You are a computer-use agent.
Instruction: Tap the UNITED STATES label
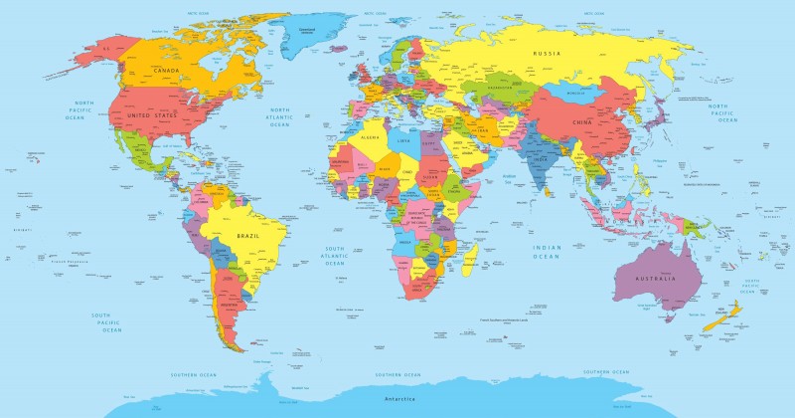tap(152, 116)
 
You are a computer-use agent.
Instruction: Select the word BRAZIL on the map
tap(247, 235)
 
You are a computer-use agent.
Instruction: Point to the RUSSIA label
tap(548, 53)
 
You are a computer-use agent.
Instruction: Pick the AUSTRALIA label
tap(656, 278)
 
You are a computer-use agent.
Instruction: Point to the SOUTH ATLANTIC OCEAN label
tap(334, 257)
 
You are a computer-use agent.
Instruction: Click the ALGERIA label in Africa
tap(371, 136)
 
